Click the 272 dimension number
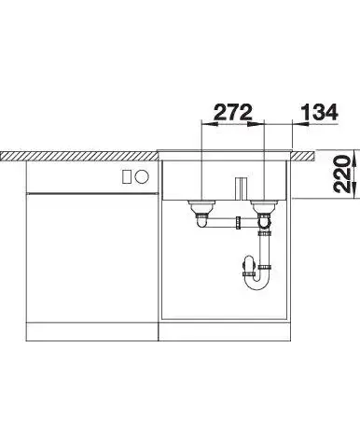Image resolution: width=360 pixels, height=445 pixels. coord(233,112)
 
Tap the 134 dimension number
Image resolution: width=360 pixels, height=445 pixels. coord(319,112)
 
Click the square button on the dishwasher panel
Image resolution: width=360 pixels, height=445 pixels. coord(127,177)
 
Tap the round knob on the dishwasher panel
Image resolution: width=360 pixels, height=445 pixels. coord(142,177)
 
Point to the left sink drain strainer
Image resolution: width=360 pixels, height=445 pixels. coord(201,205)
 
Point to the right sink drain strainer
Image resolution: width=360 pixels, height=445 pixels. coord(264,205)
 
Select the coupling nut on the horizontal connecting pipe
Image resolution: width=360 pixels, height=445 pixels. coord(238,223)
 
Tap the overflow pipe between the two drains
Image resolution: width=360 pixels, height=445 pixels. coord(241,188)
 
